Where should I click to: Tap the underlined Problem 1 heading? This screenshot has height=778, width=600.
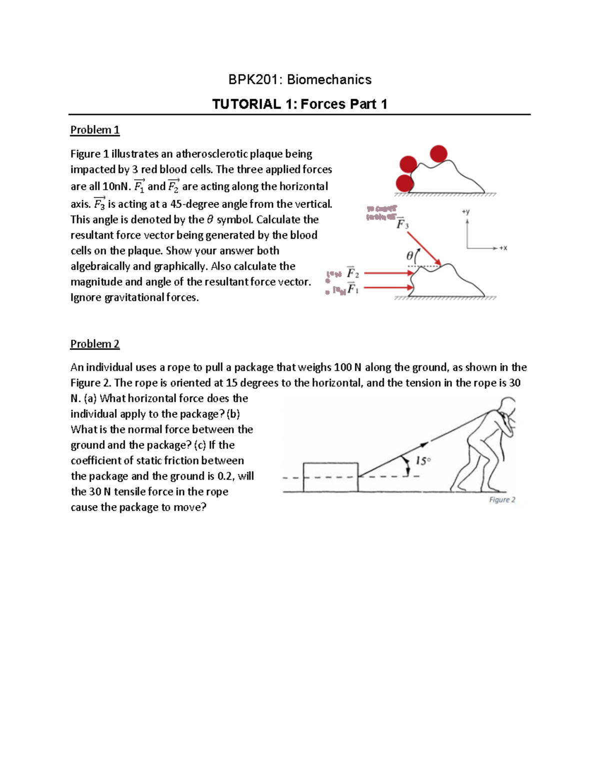pyautogui.click(x=94, y=130)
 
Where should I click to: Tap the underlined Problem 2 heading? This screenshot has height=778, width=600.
pyautogui.click(x=94, y=344)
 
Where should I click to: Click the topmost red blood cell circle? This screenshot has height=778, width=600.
pyautogui.click(x=438, y=154)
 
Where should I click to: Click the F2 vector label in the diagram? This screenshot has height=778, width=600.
pyautogui.click(x=353, y=273)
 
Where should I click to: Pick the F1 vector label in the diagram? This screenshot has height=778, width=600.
pyautogui.click(x=353, y=289)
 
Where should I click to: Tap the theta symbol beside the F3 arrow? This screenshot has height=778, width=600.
pyautogui.click(x=410, y=256)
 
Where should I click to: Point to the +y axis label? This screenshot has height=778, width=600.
pyautogui.click(x=465, y=212)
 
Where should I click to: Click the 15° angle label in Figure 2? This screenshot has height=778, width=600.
pyautogui.click(x=422, y=461)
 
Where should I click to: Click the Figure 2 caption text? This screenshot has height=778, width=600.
pyautogui.click(x=502, y=500)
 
